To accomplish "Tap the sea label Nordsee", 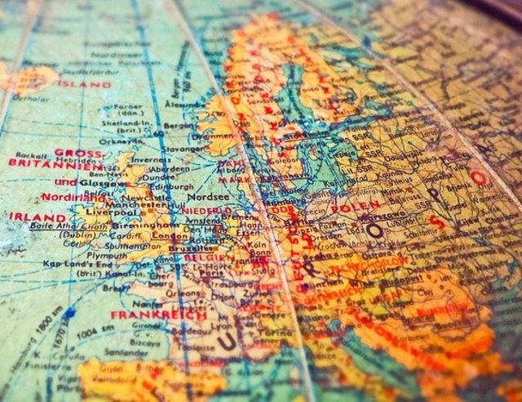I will point(205,197).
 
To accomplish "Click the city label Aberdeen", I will point(171,163).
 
